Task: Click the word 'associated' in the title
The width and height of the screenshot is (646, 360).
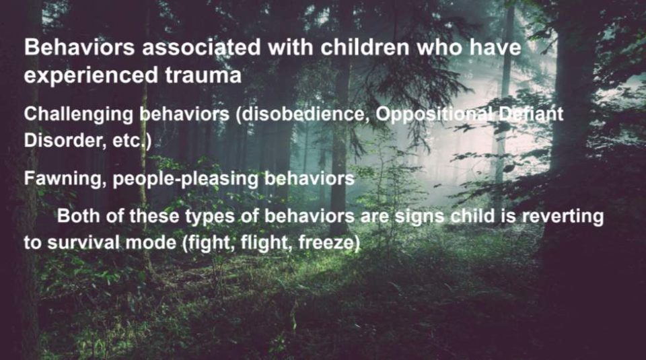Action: click(x=201, y=47)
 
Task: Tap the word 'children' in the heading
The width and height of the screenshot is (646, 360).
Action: click(x=365, y=47)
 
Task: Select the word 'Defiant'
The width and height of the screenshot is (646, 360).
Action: click(x=531, y=114)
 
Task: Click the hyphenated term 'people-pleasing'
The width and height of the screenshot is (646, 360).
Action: click(x=185, y=180)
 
